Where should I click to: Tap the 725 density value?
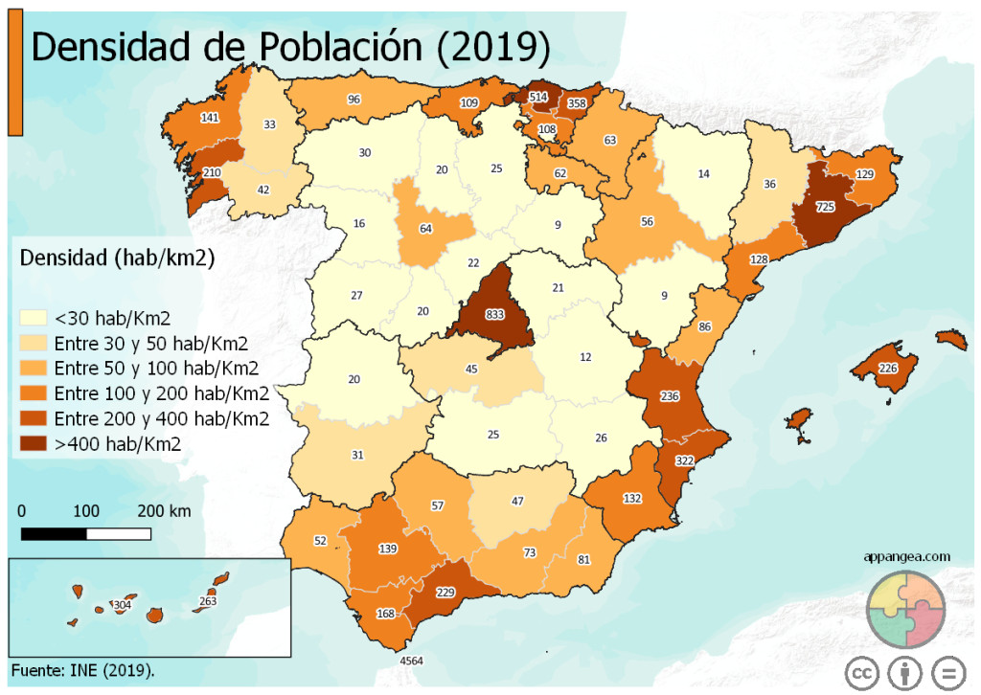pos(825,207)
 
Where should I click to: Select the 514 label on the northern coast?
pos(538,98)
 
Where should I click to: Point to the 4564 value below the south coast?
pos(411,661)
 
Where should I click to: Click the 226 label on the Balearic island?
pos(888,369)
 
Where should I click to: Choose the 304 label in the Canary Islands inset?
pos(122,605)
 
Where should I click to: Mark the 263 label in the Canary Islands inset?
pos(208,601)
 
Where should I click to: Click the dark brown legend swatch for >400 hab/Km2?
pos(35,443)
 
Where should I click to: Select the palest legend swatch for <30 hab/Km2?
pos(35,318)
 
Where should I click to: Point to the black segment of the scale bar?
pos(54,532)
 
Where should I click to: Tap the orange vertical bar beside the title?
pos(15,77)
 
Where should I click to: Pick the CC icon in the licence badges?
pos(861,673)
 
